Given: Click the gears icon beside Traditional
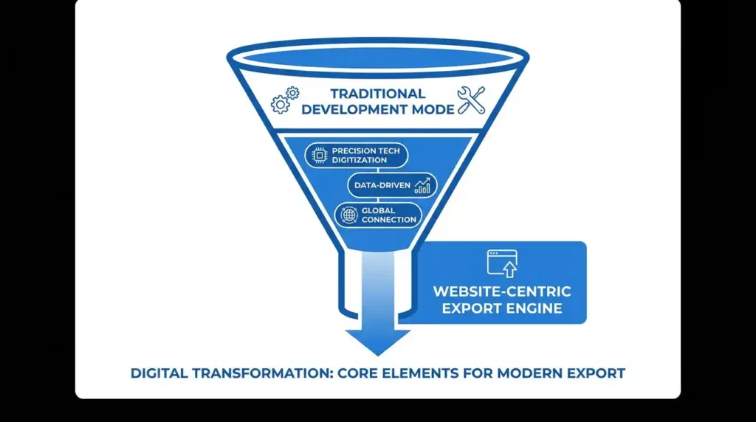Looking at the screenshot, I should point(286,100).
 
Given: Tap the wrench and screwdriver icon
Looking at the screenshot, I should point(471,100).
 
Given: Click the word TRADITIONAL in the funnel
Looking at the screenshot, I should point(377,94).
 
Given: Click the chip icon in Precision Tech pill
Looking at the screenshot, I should point(320,155).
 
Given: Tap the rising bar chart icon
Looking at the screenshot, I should point(423,185).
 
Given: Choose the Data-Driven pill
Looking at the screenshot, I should point(392,185).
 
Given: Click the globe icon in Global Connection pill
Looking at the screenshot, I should point(348,215).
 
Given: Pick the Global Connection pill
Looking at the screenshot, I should point(377,215).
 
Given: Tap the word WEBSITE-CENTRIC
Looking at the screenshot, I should point(502,291).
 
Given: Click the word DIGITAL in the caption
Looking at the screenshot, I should point(159,373).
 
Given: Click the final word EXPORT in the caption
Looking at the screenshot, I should point(597,373).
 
